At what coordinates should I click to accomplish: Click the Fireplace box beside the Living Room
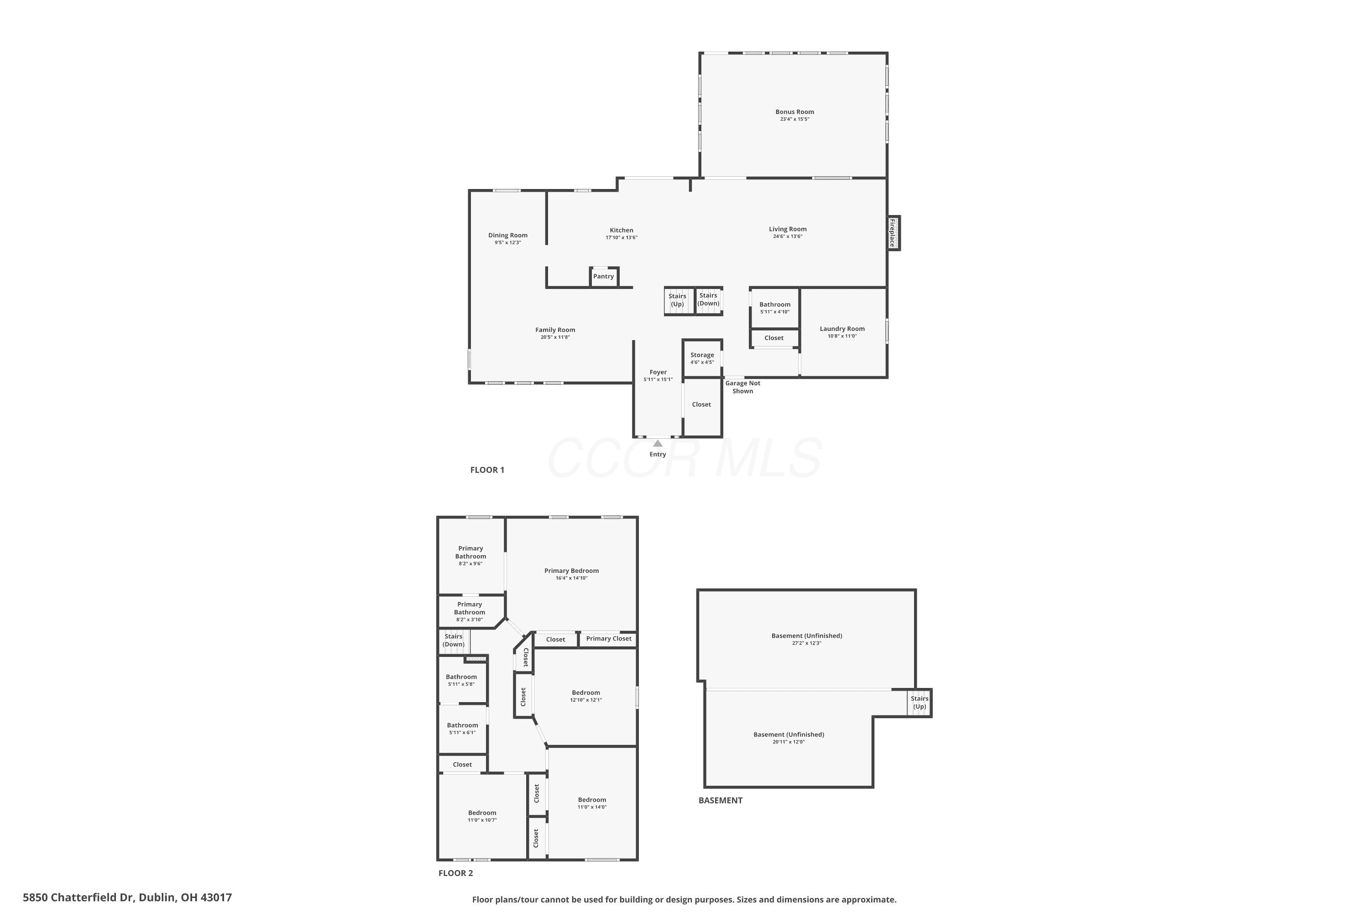pyautogui.click(x=894, y=233)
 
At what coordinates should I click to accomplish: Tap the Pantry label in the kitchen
pyautogui.click(x=604, y=276)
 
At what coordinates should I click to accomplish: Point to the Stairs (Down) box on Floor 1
pyautogui.click(x=709, y=300)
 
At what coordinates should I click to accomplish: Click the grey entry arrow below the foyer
pyautogui.click(x=658, y=443)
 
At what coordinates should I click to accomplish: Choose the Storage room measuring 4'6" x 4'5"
pyautogui.click(x=703, y=358)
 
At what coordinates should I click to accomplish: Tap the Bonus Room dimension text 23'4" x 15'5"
pyautogui.click(x=794, y=119)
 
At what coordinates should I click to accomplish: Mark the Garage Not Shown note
pyautogui.click(x=743, y=387)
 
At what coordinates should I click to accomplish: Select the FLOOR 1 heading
pyautogui.click(x=487, y=470)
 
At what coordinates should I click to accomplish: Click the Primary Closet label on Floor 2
pyautogui.click(x=609, y=639)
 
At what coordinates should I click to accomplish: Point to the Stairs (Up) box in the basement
pyautogui.click(x=920, y=703)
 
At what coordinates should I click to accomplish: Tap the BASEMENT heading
pyautogui.click(x=721, y=800)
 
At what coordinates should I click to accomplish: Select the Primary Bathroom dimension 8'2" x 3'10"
pyautogui.click(x=470, y=619)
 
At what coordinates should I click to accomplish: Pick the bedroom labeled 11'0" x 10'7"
pyautogui.click(x=482, y=816)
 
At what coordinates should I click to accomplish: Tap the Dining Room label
pyautogui.click(x=508, y=235)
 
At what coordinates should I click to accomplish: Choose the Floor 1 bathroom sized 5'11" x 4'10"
pyautogui.click(x=775, y=307)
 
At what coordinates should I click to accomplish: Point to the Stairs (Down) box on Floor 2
pyautogui.click(x=454, y=640)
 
